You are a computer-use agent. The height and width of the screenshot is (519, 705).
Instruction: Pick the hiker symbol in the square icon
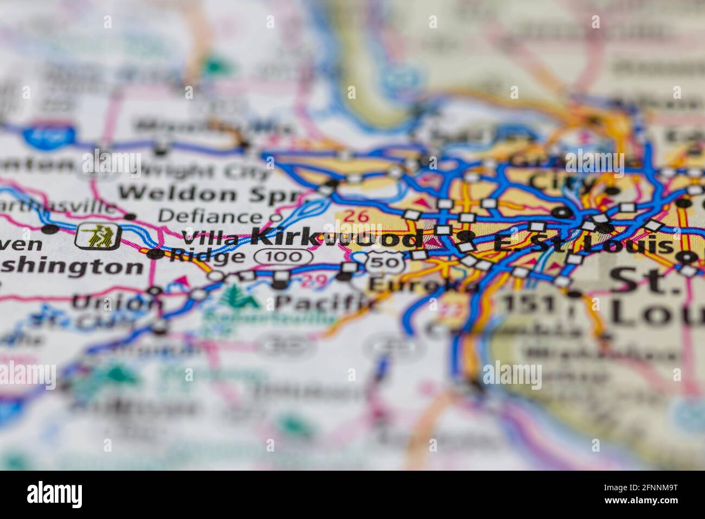[98, 236]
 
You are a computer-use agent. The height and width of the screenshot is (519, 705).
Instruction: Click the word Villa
[210, 238]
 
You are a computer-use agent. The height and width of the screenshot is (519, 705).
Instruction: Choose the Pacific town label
[325, 301]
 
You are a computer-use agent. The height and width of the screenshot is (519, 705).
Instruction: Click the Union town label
[117, 302]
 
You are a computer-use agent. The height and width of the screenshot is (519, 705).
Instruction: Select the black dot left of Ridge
[157, 253]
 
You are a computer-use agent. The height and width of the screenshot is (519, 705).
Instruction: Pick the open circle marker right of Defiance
[276, 218]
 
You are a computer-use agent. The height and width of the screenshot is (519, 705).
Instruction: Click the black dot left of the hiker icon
[52, 229]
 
